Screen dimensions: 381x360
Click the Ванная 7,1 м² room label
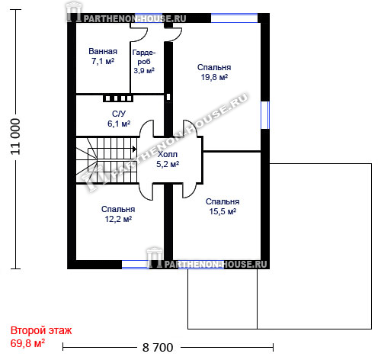tap(103, 56)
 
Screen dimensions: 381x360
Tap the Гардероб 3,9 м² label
tap(144, 62)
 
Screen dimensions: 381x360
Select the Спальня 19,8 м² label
tap(214, 72)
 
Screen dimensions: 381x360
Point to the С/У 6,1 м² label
tap(119, 119)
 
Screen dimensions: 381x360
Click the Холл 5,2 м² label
tap(168, 159)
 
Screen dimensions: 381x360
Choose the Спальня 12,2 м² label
tap(118, 214)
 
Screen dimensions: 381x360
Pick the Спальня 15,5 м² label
tap(223, 207)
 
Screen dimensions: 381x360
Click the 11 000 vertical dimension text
tap(15, 137)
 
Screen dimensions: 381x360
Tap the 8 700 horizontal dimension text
tap(158, 348)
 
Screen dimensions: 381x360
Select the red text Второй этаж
tap(41, 330)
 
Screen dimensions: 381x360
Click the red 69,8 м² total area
tap(27, 343)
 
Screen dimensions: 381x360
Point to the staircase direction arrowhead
tap(134, 149)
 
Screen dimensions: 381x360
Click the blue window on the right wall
tap(265, 115)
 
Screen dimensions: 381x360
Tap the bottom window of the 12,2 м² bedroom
tap(136, 265)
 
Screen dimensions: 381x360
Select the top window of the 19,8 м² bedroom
tap(234, 18)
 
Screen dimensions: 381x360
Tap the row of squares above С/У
tap(118, 98)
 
